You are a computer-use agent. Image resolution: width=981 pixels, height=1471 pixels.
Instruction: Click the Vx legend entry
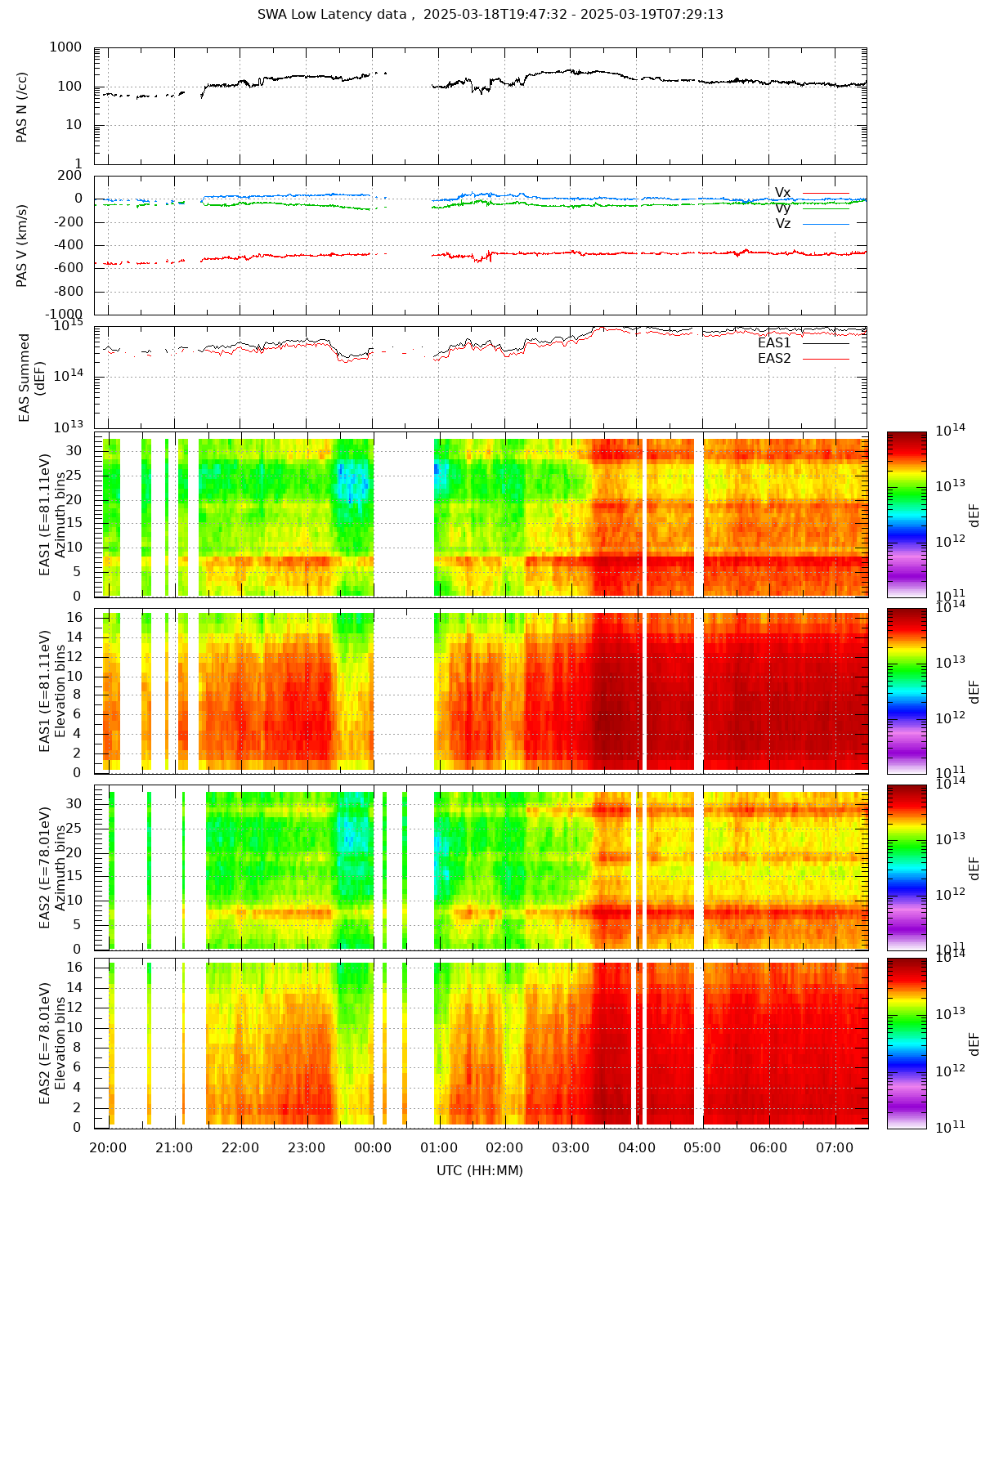783,193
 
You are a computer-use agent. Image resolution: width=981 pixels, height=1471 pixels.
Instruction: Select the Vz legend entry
783,223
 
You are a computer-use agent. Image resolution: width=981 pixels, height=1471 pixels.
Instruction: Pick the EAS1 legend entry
774,343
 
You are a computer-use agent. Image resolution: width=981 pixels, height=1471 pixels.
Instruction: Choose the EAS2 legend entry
774,358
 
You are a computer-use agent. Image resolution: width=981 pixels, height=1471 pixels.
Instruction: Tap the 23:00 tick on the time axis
307,1147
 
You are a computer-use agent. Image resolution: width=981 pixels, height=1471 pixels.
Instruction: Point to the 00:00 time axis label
373,1147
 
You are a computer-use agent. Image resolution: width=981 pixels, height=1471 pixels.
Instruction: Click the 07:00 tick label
835,1147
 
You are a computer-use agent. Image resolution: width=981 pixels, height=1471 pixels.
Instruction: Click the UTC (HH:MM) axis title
480,1170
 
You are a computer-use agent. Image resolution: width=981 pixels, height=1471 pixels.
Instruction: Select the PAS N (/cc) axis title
22,106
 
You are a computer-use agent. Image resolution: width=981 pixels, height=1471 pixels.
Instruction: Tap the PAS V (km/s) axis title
22,245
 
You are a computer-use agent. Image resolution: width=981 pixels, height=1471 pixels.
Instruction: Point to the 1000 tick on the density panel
65,47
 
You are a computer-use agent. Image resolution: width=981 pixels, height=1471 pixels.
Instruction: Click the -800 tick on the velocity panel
66,292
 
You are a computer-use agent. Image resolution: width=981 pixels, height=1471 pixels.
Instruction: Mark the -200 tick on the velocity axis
66,221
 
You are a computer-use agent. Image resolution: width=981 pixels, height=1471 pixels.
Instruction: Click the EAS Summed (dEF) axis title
31,378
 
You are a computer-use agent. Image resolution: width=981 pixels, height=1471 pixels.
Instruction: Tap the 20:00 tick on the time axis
108,1147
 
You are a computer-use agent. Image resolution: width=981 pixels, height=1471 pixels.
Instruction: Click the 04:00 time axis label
637,1147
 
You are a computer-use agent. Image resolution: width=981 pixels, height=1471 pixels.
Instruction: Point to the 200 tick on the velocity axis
69,175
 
